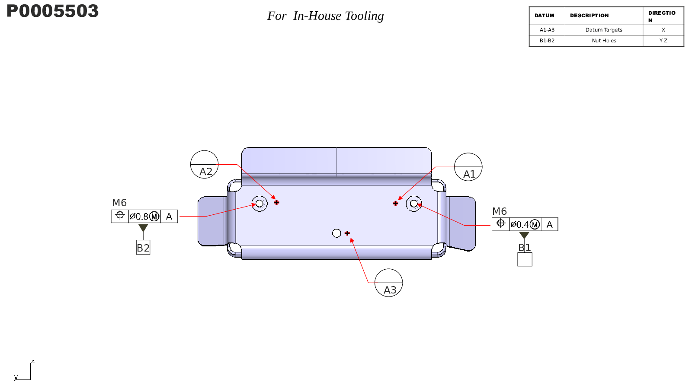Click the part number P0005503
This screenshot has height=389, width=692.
(x=52, y=11)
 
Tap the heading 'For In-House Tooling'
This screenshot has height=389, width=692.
(x=325, y=16)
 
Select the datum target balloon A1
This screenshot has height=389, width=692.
(x=468, y=167)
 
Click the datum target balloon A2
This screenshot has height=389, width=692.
(x=204, y=164)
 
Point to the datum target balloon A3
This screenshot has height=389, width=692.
(x=388, y=283)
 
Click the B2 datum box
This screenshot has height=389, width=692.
(x=143, y=248)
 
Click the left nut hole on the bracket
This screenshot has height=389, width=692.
(x=259, y=204)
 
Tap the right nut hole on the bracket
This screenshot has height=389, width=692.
(x=413, y=204)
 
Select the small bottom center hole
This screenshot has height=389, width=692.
(x=336, y=233)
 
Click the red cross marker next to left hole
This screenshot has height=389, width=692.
(x=276, y=203)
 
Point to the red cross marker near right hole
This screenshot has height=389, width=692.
(x=395, y=204)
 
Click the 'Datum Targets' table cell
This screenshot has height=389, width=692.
(x=604, y=30)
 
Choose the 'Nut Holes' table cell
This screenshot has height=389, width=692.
(x=604, y=41)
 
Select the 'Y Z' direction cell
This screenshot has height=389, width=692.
(x=663, y=41)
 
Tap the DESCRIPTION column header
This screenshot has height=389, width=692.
(x=589, y=16)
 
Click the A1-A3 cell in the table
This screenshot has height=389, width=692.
(x=547, y=30)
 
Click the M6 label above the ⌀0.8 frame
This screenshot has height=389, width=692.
(x=119, y=203)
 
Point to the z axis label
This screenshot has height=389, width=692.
(x=33, y=360)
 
